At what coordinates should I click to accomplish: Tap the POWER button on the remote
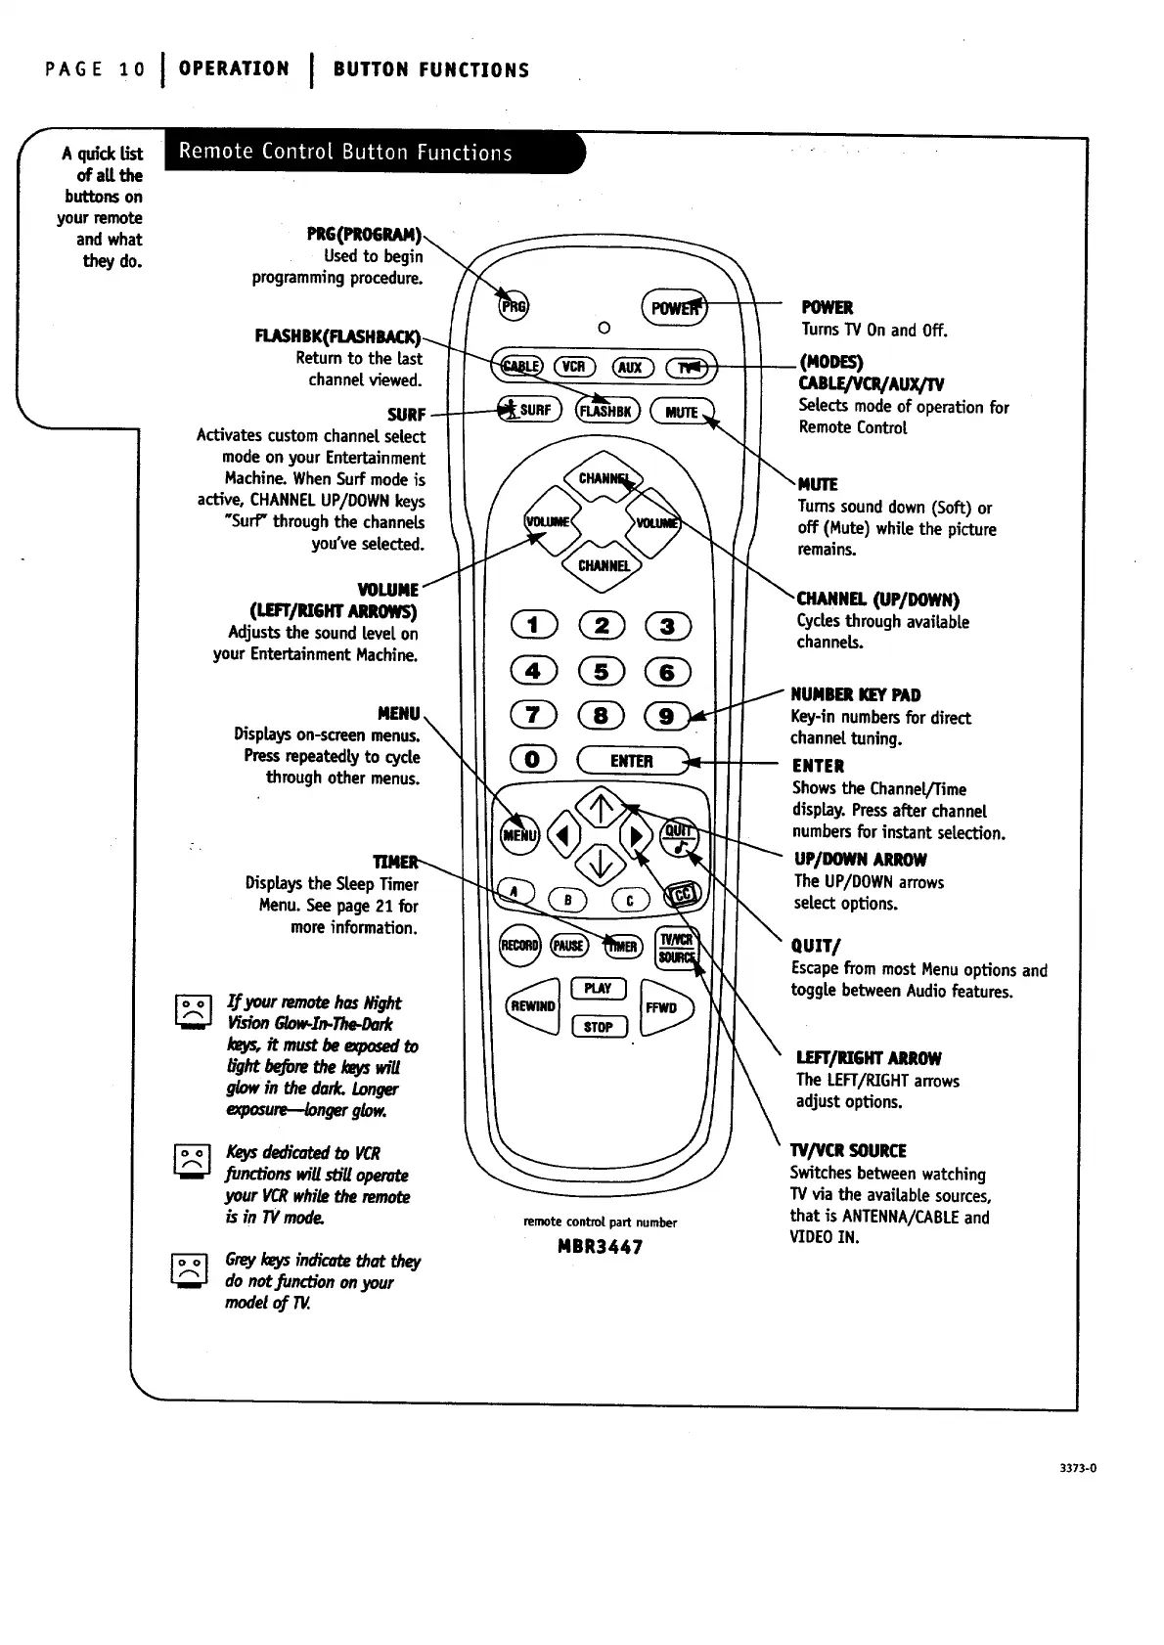[672, 307]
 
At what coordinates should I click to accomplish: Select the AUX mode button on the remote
[630, 367]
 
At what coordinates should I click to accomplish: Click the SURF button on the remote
[528, 410]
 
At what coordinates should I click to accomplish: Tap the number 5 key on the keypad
[601, 671]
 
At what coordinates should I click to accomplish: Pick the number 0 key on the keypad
[533, 760]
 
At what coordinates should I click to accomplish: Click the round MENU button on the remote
[519, 834]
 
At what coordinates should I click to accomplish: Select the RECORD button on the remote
[519, 945]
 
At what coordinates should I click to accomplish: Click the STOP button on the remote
[598, 1027]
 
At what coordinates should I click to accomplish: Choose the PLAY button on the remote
[598, 988]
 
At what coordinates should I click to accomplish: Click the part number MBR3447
[600, 1247]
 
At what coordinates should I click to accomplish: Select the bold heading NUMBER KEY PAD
[856, 694]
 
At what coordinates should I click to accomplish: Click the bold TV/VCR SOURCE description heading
[848, 1150]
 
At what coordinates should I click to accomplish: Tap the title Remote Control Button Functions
[345, 152]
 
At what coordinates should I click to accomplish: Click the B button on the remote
[567, 901]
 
